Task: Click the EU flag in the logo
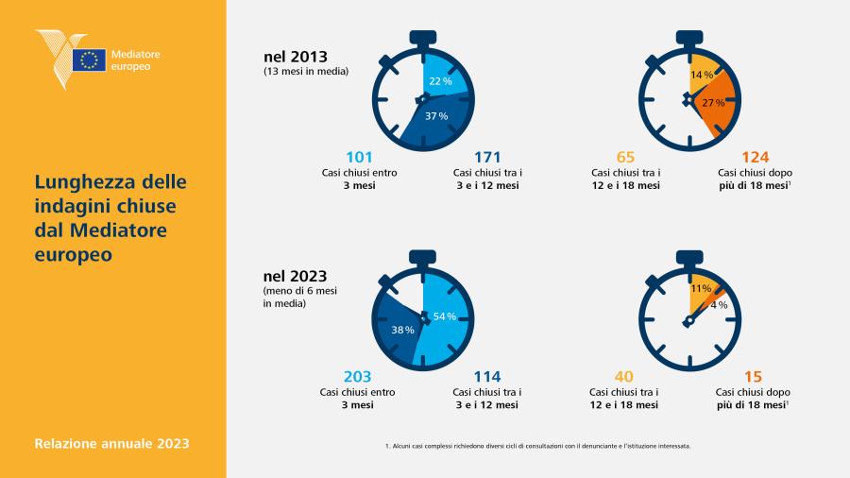click(x=90, y=60)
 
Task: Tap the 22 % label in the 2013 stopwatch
click(x=440, y=81)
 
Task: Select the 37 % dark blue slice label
click(x=436, y=116)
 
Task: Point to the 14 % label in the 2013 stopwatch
click(x=702, y=75)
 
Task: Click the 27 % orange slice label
click(x=713, y=102)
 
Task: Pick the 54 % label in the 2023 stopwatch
click(x=445, y=316)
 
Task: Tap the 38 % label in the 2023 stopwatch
click(x=402, y=330)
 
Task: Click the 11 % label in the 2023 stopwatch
click(x=701, y=288)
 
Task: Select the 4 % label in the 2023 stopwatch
click(x=719, y=305)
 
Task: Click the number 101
click(x=359, y=157)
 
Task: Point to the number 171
click(x=487, y=157)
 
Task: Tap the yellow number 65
click(x=625, y=157)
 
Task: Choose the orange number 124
click(x=756, y=157)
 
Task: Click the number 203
click(x=357, y=377)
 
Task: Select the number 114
click(x=487, y=377)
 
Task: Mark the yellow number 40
click(x=624, y=377)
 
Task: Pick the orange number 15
click(x=753, y=377)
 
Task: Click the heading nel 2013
click(x=296, y=57)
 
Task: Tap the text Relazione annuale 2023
click(x=111, y=443)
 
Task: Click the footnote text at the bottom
click(x=537, y=446)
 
